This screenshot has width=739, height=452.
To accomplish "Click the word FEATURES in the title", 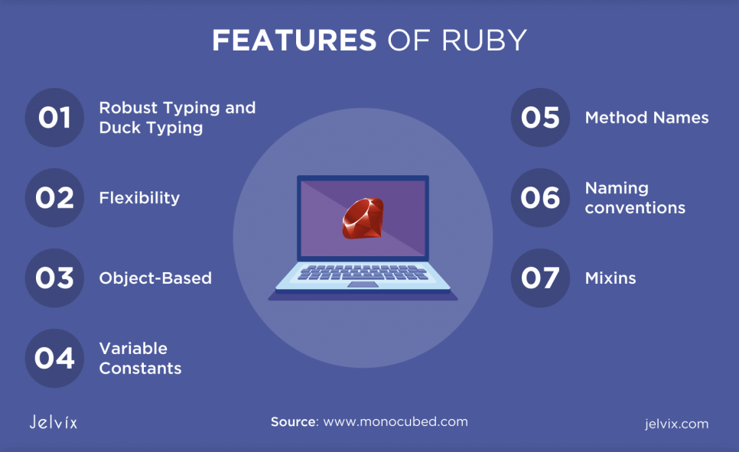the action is click(294, 40).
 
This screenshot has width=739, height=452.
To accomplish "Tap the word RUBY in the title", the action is click(484, 40).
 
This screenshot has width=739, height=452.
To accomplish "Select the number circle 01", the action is click(54, 117).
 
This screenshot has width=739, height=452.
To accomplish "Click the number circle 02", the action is click(54, 197).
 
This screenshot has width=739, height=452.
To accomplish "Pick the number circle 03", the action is click(54, 278).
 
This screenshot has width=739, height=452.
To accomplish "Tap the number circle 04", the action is click(54, 358).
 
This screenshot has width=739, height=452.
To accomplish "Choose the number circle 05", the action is click(541, 117).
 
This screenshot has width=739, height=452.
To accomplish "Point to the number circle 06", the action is click(541, 197).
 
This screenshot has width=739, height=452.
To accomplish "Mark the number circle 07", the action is click(541, 278).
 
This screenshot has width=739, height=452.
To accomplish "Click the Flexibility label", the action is click(139, 198).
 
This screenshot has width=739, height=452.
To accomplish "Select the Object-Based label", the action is click(155, 278).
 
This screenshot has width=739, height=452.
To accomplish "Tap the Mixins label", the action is click(610, 278).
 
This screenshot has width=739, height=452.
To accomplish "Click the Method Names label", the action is click(646, 117).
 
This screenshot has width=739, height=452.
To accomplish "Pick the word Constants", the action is click(141, 368).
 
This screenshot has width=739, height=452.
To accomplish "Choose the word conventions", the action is click(635, 208).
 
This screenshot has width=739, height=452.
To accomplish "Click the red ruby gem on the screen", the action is click(363, 218).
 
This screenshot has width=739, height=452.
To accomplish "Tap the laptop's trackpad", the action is click(363, 285).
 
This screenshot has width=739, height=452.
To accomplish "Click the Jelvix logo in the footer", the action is click(54, 421).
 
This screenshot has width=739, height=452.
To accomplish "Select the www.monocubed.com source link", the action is click(396, 421).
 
